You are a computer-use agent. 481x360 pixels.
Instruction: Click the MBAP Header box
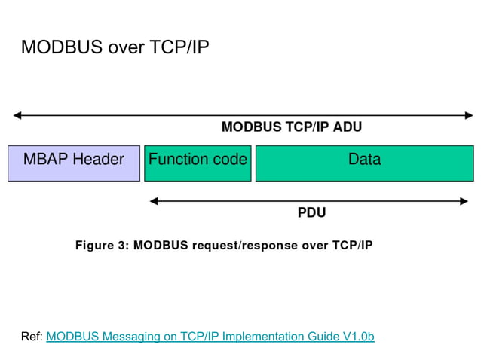(74, 163)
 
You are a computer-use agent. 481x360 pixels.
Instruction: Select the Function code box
(198, 163)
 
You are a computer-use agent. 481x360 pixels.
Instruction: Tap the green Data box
(364, 163)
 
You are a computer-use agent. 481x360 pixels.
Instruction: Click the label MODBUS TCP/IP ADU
(291, 127)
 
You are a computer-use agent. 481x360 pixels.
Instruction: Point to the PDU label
(311, 213)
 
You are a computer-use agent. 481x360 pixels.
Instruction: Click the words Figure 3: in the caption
(102, 246)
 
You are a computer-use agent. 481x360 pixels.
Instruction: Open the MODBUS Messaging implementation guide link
(210, 336)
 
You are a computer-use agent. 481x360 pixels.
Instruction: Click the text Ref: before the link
(32, 336)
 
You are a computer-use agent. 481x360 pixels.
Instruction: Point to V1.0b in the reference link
(358, 336)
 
